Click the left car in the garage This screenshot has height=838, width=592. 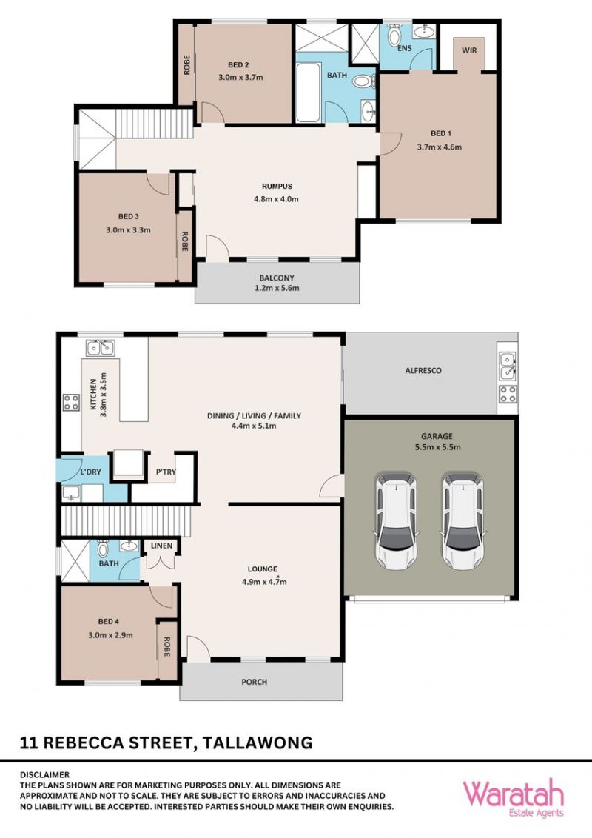pos(396,520)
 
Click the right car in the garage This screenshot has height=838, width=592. pos(462,520)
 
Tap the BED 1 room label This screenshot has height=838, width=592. pos(441,133)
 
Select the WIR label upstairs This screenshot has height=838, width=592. pos(469,50)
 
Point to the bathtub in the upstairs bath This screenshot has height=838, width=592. pos(309,93)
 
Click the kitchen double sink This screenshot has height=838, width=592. pos(100,348)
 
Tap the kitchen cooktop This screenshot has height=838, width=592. pos(71,403)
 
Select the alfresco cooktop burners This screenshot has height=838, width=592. pos(508,395)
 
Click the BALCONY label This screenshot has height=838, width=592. pos(277,278)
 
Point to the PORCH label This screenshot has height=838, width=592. pos(255,682)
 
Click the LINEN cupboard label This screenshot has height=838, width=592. pos(161,546)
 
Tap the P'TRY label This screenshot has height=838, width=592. pos(166,472)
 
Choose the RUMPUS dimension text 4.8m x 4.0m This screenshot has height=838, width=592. pos(276,199)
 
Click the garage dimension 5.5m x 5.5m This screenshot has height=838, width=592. pos(437,447)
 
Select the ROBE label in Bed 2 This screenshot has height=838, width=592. pos(187,64)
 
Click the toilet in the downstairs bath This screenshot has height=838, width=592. pos(103,549)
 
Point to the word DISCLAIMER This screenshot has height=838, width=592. pos(45,774)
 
